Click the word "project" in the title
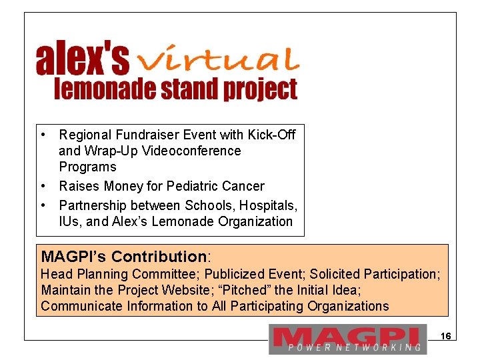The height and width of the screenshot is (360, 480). [263, 89]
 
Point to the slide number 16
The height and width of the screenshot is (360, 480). [447, 337]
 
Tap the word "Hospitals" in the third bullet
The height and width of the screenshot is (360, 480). [269, 205]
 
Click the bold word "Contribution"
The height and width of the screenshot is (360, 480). [159, 257]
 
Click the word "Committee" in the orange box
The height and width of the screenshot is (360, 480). [167, 274]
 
